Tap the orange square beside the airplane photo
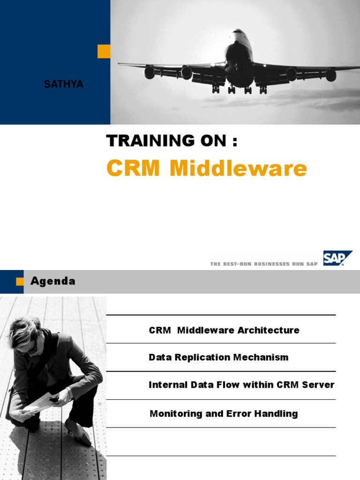pyautogui.click(x=104, y=51)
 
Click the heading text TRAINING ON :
pyautogui.click(x=172, y=141)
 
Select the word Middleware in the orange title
pyautogui.click(x=238, y=168)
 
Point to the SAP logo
pyautogui.click(x=337, y=258)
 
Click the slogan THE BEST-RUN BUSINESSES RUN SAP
pyautogui.click(x=264, y=264)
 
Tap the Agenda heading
pyautogui.click(x=53, y=281)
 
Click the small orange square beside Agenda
pyautogui.click(x=20, y=281)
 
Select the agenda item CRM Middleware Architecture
pyautogui.click(x=224, y=330)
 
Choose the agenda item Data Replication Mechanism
pyautogui.click(x=218, y=357)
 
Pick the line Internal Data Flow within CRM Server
pyautogui.click(x=241, y=385)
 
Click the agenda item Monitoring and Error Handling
pyautogui.click(x=224, y=413)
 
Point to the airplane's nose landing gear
pyautogui.click(x=231, y=89)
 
